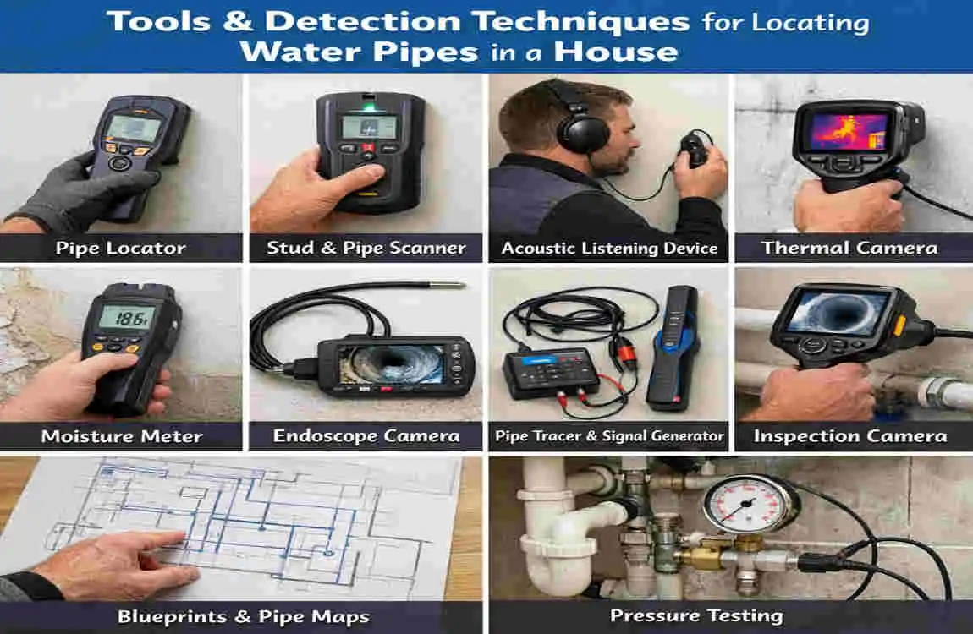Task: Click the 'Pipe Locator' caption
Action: pos(120,248)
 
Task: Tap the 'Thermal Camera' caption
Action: pos(849,248)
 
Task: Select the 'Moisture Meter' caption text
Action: pos(122,436)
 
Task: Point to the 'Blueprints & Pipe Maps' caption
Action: pos(243,616)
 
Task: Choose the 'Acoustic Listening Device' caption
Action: pos(609,249)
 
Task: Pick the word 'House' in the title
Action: pos(616,52)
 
